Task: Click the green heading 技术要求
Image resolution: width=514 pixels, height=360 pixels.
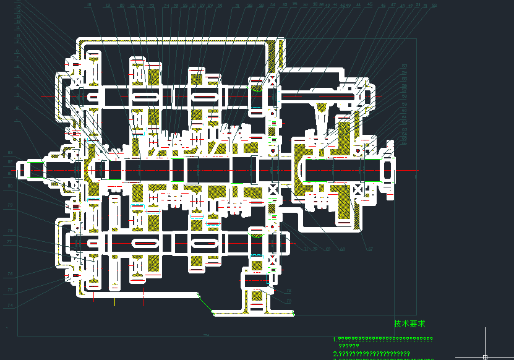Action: point(409,324)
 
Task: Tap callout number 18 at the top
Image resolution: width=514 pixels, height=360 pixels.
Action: point(89,6)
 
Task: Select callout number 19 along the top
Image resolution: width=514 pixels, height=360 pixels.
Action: point(108,6)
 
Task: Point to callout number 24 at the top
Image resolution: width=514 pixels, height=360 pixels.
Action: point(167,6)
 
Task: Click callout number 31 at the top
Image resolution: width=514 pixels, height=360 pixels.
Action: point(238,6)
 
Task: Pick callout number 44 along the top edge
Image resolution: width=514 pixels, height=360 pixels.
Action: point(358,4)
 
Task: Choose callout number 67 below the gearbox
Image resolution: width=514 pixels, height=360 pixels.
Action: point(371,249)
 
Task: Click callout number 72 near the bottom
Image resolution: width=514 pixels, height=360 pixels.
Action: point(288,290)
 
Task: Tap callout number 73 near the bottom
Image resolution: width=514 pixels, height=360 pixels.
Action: point(288,301)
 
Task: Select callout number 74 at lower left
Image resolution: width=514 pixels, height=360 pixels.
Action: point(9,305)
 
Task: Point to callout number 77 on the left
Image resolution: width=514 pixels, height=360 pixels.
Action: point(9,242)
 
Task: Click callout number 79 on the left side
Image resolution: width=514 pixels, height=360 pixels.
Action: point(9,205)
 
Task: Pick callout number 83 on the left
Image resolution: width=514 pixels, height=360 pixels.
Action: point(9,152)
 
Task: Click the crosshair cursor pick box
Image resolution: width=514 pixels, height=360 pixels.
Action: point(485,356)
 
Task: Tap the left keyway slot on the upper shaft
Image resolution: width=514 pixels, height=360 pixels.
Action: point(143,97)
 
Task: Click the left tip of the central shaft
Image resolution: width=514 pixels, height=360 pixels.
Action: point(19,169)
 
